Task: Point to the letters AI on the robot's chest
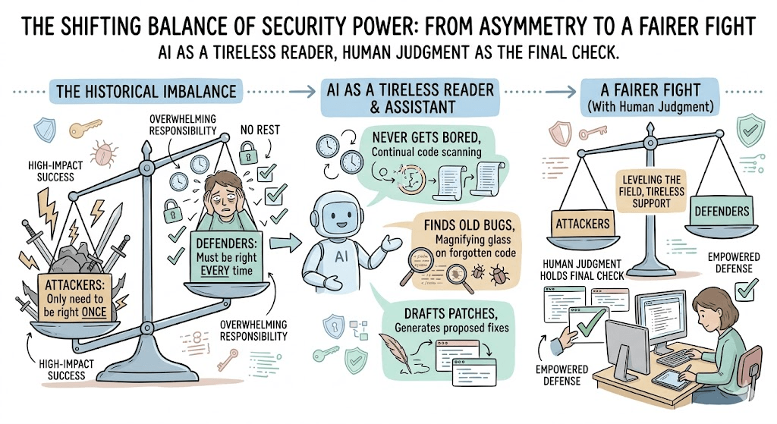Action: (x=341, y=256)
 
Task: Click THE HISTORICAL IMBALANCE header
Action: (x=146, y=92)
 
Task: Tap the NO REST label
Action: (x=260, y=130)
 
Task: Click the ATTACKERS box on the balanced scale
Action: (x=583, y=224)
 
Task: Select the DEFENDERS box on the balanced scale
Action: (x=722, y=212)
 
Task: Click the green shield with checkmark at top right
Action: (x=750, y=130)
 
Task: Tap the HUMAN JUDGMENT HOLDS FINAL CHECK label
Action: (x=582, y=269)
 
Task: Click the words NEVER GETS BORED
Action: (x=426, y=137)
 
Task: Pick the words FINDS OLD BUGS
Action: (x=469, y=226)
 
